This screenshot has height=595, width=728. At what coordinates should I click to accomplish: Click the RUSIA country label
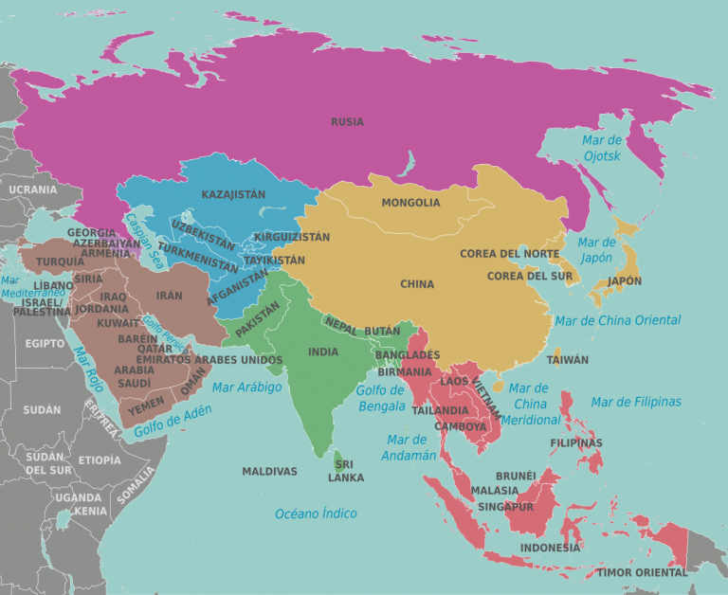click(x=347, y=121)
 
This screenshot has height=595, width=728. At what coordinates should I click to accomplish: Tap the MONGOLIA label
click(x=410, y=203)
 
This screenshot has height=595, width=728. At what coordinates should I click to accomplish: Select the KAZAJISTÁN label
click(x=233, y=194)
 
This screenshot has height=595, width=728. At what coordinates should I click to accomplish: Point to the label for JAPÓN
click(x=625, y=281)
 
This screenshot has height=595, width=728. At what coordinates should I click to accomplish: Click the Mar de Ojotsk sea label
click(x=601, y=148)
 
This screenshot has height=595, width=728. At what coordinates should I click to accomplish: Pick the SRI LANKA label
click(x=346, y=471)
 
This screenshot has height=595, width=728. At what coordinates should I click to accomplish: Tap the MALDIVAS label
click(x=269, y=471)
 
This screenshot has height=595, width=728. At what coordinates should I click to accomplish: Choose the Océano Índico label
click(x=316, y=514)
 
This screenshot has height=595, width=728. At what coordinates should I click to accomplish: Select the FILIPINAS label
click(x=576, y=442)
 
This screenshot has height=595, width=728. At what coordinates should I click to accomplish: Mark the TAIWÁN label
click(x=568, y=360)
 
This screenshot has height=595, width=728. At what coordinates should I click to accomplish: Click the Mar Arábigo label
click(x=247, y=388)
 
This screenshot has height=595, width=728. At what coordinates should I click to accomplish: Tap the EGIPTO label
click(x=45, y=343)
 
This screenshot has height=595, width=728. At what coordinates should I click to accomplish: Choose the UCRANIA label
click(x=32, y=189)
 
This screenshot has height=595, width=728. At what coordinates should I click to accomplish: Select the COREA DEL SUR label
click(x=530, y=276)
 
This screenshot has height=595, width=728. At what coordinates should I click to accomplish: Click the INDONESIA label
click(x=550, y=548)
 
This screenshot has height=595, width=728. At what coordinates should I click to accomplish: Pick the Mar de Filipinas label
click(x=636, y=402)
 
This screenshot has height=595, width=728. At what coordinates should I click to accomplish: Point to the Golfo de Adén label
click(x=173, y=421)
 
